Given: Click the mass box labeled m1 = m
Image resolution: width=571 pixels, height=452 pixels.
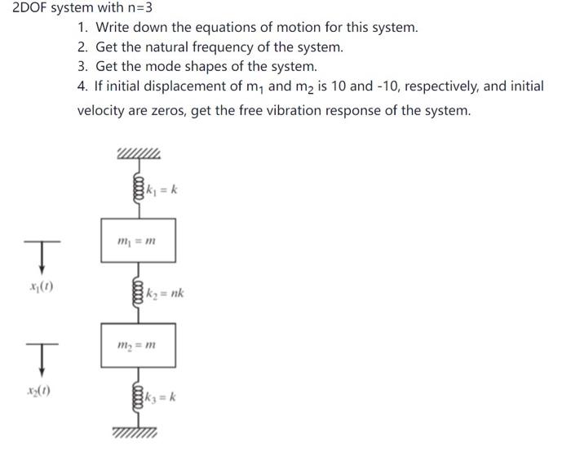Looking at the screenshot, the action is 138,240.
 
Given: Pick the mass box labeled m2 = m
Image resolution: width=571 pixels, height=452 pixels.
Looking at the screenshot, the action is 138,345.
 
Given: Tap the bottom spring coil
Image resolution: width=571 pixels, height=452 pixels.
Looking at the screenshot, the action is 138,398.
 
